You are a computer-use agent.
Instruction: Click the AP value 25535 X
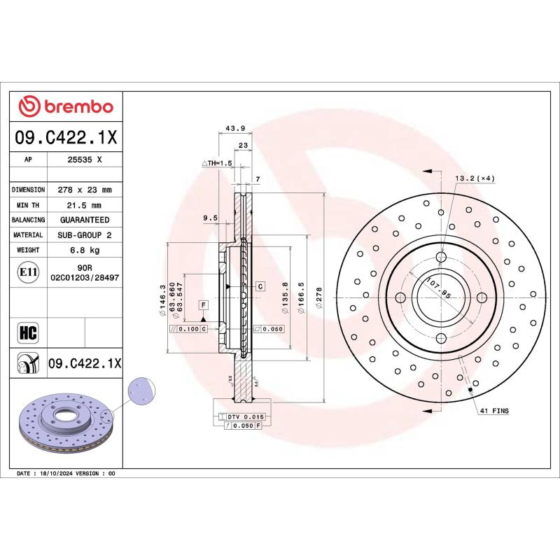84,160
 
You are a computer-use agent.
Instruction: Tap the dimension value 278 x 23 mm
84,190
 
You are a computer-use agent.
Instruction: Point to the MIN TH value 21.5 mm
84,205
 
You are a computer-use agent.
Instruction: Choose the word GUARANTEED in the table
84,220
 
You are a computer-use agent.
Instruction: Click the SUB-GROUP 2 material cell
84,235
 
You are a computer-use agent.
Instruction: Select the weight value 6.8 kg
84,250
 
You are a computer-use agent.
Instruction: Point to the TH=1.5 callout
217,163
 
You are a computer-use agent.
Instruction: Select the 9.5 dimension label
210,218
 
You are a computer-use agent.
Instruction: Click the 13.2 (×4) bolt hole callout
475,178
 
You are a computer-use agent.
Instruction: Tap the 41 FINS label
495,410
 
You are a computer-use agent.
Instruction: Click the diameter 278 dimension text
319,294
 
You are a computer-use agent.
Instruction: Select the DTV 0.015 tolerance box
242,416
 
